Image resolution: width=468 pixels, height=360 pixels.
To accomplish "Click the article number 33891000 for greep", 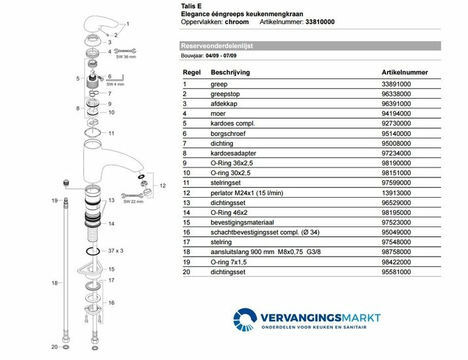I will [x=397, y=84].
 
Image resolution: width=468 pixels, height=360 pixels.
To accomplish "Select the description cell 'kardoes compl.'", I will [x=231, y=122].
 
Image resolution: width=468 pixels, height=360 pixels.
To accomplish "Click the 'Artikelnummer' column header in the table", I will [x=405, y=73].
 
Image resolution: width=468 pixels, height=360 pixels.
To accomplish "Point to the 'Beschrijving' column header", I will [x=232, y=73].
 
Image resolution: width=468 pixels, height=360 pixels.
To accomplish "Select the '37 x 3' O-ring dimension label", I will [x=115, y=251].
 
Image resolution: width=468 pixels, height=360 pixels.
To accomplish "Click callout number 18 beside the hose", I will [x=55, y=282].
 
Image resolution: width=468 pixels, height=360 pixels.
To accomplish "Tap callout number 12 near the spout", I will [x=162, y=185].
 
